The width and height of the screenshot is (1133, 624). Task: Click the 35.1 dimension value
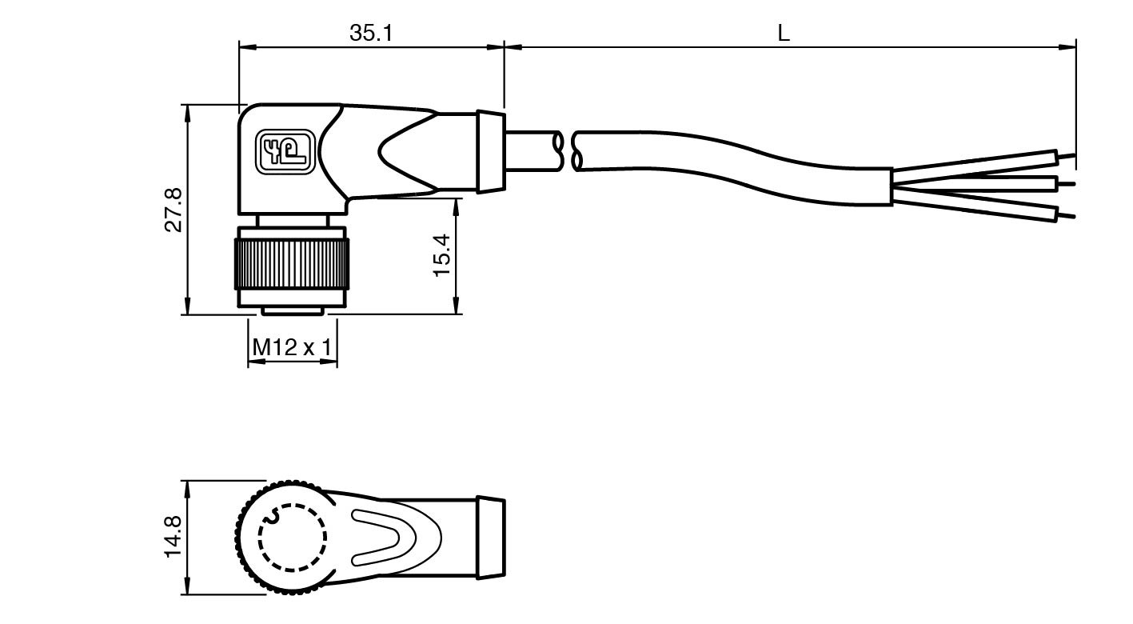[371, 33]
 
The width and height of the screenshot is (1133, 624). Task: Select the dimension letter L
[784, 33]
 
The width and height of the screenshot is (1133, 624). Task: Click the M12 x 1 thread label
[292, 347]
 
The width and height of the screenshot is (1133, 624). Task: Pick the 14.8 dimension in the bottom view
[173, 537]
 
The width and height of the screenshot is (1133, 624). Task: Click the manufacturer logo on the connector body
[282, 150]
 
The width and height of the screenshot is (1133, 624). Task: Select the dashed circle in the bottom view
[293, 538]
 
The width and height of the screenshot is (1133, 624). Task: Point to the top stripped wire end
[1066, 155]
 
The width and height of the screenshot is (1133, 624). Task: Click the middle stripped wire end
[1066, 184]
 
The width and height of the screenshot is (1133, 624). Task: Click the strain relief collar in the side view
[490, 151]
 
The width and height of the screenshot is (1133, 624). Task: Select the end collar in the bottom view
[490, 536]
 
